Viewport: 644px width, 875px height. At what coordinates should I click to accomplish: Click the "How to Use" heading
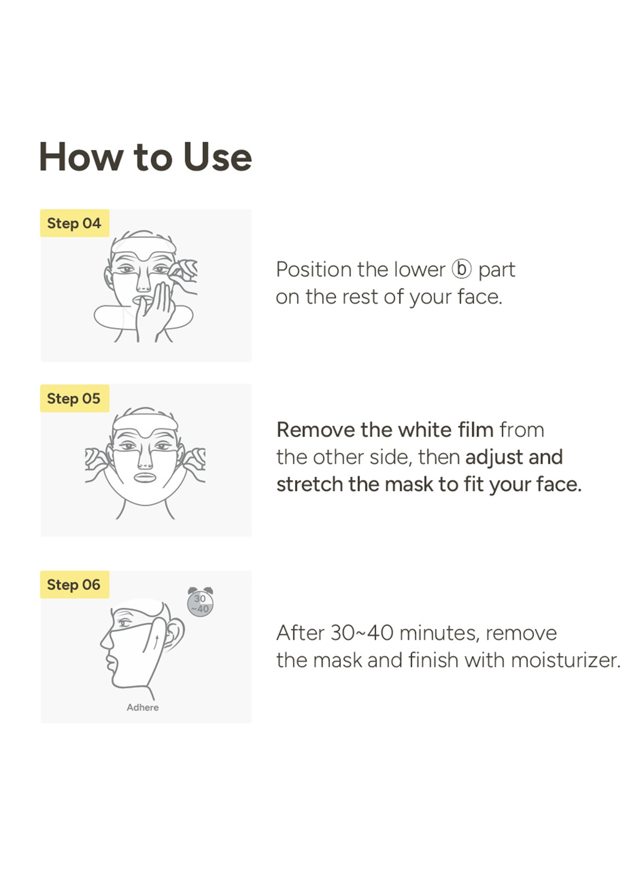(145, 157)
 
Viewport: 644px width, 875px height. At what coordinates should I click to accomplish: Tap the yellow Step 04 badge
(75, 223)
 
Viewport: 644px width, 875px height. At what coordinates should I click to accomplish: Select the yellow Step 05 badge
(75, 398)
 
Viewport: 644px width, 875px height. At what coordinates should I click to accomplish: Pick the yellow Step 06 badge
(75, 585)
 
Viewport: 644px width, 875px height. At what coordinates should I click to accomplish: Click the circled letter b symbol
(462, 269)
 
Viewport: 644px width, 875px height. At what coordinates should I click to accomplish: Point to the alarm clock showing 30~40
(200, 602)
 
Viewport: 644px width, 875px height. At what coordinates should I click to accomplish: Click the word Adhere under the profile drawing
(143, 707)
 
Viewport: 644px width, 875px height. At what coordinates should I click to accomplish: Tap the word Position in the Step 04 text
(313, 270)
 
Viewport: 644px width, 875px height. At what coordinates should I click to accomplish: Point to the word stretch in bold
(310, 485)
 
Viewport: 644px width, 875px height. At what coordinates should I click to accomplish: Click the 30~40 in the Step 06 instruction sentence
(362, 633)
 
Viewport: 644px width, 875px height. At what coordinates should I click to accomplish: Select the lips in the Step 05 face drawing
(145, 477)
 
